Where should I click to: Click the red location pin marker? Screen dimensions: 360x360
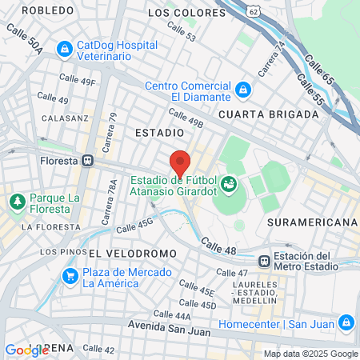(180, 162)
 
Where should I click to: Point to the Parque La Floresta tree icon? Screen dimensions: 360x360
(17, 203)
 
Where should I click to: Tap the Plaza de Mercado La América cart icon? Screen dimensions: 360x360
(70, 276)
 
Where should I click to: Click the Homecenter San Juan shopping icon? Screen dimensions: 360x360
(346, 323)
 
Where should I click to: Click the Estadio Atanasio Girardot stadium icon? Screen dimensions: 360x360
(230, 185)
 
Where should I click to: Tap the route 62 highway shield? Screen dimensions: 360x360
(254, 12)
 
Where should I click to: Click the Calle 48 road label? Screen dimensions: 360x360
(218, 246)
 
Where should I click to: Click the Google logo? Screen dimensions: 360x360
(26, 350)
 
